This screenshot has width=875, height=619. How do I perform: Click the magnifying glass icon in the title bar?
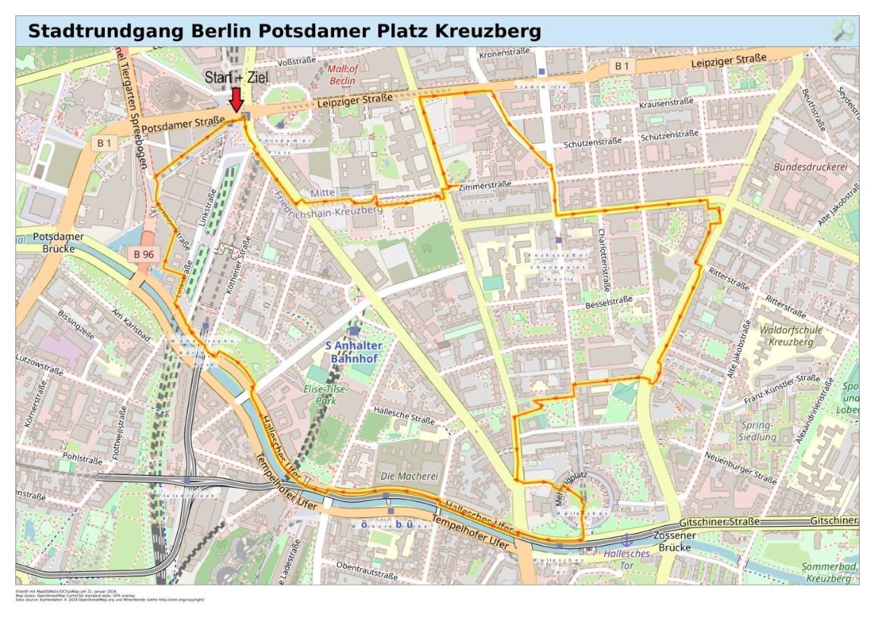(844, 30)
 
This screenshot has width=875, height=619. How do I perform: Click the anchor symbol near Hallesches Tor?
(626, 540)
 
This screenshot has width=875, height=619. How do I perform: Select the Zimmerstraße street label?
(485, 186)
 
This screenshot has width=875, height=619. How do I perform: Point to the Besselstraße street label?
(609, 301)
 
